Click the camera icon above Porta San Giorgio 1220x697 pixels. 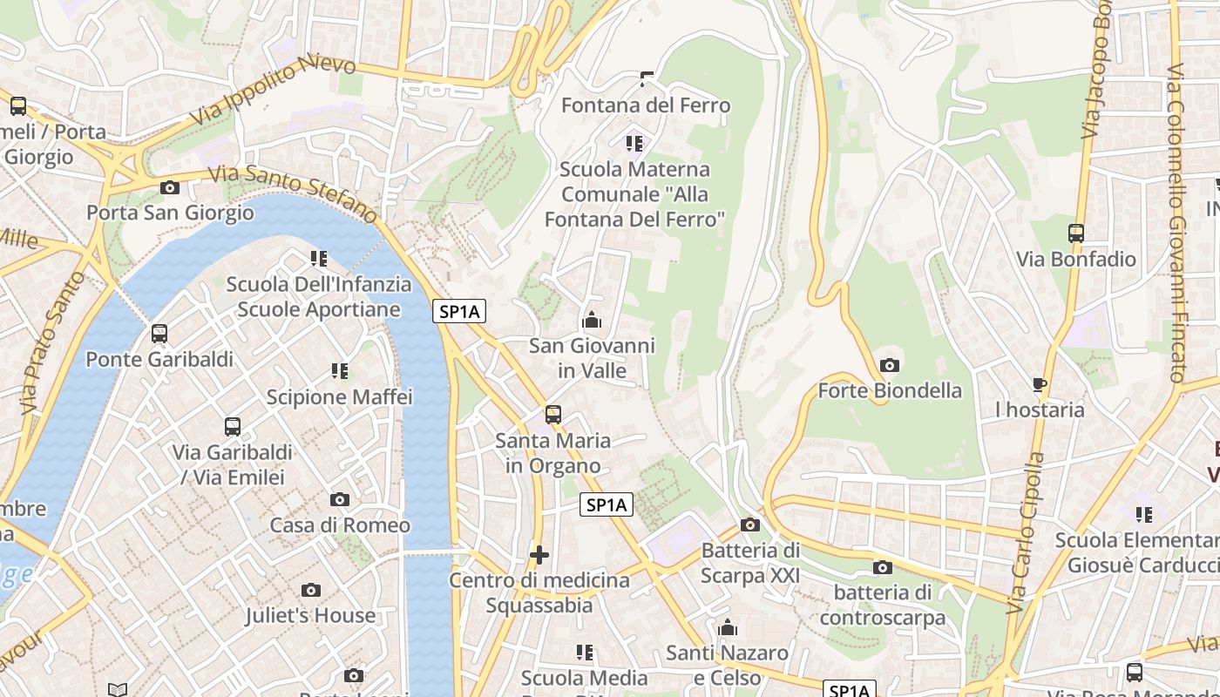pos(170,187)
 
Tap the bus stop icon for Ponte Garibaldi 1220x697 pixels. pos(159,334)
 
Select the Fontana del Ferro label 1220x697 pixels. pos(645,105)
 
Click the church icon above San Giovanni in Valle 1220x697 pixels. pos(592,321)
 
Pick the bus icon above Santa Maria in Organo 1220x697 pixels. pos(553,415)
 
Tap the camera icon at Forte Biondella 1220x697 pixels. pos(890,366)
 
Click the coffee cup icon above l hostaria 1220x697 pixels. pos(1040,384)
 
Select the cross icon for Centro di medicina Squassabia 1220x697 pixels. pos(539,554)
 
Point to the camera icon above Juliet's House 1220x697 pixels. pos(311,591)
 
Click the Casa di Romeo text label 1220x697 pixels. pos(340,525)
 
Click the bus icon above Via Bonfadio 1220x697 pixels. pos(1076,233)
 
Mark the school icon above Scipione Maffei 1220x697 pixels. pos(339,371)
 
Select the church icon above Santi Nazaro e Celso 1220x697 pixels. pos(728,627)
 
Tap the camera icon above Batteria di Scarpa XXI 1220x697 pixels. pos(750,524)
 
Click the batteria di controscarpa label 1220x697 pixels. pos(882,606)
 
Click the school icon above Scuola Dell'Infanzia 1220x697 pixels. pos(319,259)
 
